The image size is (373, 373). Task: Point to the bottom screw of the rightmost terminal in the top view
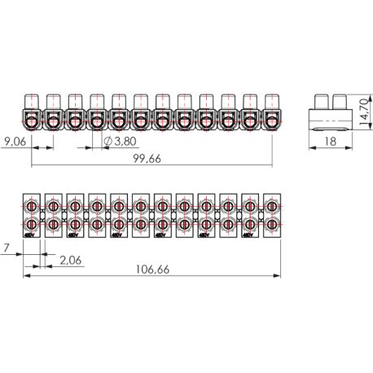coord(271,223)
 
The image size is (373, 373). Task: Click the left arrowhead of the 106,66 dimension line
coord(26,274)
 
